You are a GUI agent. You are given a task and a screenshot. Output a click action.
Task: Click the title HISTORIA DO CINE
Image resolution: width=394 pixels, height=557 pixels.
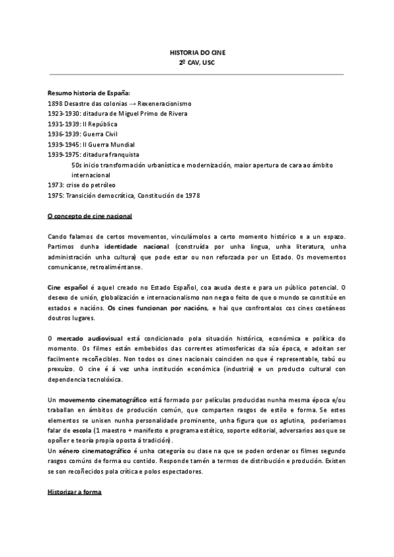pos(196,52)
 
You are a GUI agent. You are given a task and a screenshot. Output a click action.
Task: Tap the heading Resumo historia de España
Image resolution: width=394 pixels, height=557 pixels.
pos(84,94)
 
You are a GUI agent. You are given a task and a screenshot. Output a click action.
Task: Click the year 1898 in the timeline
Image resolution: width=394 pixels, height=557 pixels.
pos(55,104)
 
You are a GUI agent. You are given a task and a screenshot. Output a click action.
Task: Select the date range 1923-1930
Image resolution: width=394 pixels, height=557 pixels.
pos(62,114)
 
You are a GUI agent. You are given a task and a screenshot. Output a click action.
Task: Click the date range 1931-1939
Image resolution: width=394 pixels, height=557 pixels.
pos(62,123)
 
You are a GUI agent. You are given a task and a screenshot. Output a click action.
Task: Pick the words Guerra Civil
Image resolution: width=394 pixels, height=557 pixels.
pos(97,133)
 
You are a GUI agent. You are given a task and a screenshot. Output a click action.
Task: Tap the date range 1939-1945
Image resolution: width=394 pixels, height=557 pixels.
pos(62,144)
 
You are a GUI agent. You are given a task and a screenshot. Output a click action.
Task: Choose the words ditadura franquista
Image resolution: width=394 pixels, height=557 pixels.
pos(109,154)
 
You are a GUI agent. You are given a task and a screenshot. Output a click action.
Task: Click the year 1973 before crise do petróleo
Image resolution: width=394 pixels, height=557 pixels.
pos(55,185)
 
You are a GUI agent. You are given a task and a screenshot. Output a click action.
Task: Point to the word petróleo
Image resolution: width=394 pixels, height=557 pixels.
pos(102,185)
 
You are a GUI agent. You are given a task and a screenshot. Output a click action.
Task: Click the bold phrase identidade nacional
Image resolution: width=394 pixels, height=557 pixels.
pos(132,245)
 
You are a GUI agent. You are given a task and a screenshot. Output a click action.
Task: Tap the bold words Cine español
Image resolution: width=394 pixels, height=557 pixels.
pos(67,288)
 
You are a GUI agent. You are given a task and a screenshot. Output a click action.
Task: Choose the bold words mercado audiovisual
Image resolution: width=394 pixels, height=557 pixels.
pos(90,338)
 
